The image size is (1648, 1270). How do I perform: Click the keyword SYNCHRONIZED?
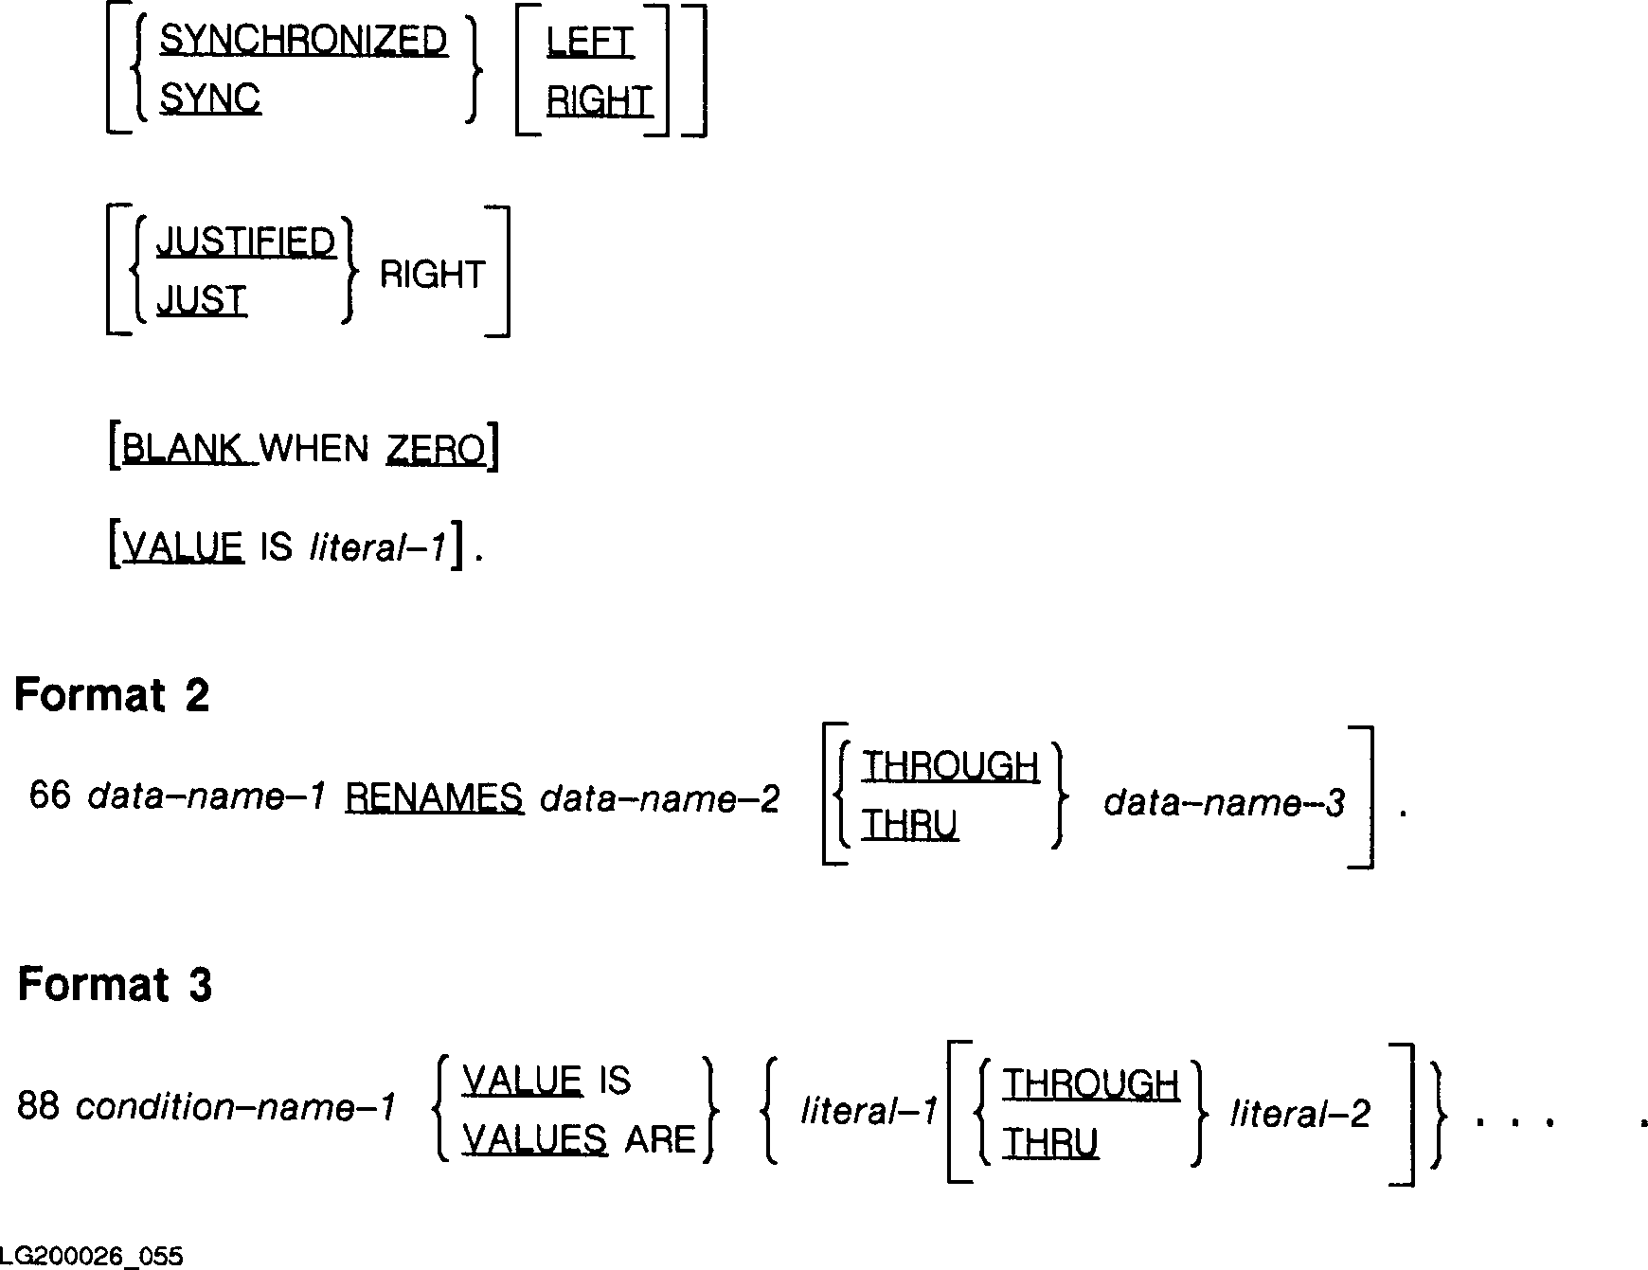303,41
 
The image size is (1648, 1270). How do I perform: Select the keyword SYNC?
209,98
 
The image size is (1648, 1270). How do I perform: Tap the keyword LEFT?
589,43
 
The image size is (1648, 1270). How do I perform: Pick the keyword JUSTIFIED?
246,242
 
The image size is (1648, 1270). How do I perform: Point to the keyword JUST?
201,301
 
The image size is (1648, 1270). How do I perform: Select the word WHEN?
313,449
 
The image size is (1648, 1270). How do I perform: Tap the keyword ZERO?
436,449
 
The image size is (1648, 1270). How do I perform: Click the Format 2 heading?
112,696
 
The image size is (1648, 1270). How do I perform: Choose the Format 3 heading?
115,985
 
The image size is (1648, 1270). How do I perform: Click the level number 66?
50,796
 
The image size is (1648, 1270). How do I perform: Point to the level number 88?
38,1106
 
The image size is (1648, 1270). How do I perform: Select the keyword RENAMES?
434,798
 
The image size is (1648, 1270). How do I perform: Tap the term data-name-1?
206,797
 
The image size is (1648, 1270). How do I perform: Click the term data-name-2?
659,799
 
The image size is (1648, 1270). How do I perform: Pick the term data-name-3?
1224,803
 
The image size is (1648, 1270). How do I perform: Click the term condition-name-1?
235,1107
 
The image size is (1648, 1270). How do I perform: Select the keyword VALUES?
534,1139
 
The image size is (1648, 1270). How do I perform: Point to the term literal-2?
1299,1115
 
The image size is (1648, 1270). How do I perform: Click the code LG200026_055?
92,1257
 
